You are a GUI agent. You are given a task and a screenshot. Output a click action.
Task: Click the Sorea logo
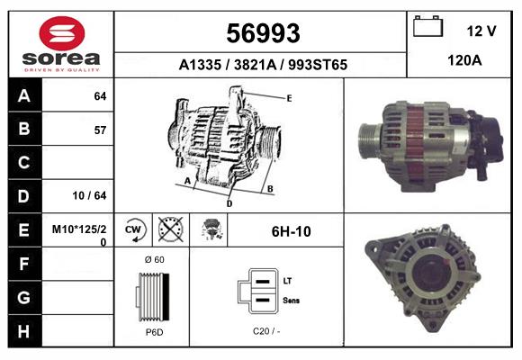[59, 44]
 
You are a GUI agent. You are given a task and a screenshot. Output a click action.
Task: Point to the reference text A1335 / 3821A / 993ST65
[262, 65]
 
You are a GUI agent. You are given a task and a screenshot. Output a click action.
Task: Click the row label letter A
[24, 95]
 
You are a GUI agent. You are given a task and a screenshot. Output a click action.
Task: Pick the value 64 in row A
[100, 95]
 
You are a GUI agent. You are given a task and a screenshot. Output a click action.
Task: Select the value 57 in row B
[100, 130]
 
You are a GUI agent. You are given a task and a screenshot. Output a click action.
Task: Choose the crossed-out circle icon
[169, 230]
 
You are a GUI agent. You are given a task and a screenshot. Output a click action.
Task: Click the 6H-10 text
[291, 231]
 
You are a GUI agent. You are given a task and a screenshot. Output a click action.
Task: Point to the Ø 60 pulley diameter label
[153, 260]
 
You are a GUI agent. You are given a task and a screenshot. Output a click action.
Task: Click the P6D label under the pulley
[153, 332]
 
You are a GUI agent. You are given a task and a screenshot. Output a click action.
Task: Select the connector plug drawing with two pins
[256, 291]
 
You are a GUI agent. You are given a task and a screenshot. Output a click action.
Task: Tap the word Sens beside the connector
[292, 300]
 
